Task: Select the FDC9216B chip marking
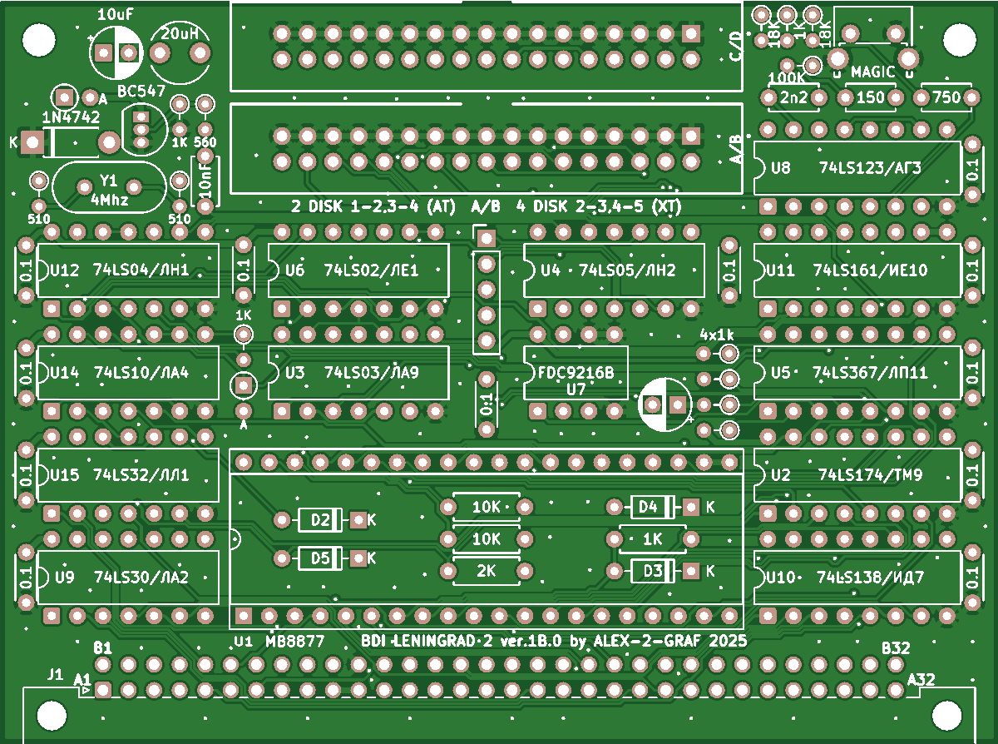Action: (576, 373)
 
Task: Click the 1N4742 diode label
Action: (71, 118)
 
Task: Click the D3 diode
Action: (652, 571)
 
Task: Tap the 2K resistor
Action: (487, 571)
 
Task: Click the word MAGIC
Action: (872, 72)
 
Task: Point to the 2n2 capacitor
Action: (794, 97)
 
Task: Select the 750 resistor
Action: (946, 97)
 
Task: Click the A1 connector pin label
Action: (82, 679)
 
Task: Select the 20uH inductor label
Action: (180, 34)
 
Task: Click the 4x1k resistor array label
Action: (717, 335)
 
